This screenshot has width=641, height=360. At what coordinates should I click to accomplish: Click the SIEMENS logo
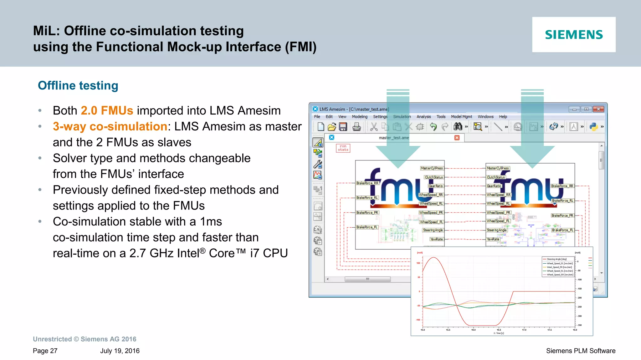tap(574, 34)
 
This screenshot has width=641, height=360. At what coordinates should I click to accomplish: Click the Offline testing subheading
tap(78, 85)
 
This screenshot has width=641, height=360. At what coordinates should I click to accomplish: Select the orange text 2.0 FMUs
tap(107, 110)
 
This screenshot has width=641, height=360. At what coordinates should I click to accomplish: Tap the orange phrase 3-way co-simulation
tap(110, 126)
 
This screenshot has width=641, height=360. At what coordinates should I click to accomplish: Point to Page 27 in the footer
tap(45, 351)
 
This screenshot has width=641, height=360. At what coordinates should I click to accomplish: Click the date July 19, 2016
tap(120, 351)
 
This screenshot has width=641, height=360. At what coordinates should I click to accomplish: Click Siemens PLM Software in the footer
tap(581, 351)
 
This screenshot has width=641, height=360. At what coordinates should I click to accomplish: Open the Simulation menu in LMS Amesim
tap(402, 117)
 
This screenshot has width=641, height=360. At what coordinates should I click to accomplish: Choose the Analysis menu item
tap(423, 117)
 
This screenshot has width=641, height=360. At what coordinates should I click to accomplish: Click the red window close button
tap(598, 109)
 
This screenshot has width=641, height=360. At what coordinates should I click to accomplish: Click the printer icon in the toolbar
tap(356, 127)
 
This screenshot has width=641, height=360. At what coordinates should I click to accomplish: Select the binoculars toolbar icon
tap(458, 127)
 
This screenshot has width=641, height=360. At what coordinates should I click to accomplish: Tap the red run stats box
tap(343, 148)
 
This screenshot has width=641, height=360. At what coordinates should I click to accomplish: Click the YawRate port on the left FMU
tap(436, 239)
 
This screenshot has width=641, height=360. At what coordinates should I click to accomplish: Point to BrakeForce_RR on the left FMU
tap(367, 183)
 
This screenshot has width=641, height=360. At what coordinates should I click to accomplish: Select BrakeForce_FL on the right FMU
tap(562, 230)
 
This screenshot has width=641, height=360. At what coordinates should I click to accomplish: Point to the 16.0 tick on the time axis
tap(474, 330)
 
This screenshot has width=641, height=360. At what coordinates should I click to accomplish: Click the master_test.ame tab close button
tap(457, 138)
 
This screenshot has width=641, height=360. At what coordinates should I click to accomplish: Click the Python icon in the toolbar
tap(593, 127)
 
